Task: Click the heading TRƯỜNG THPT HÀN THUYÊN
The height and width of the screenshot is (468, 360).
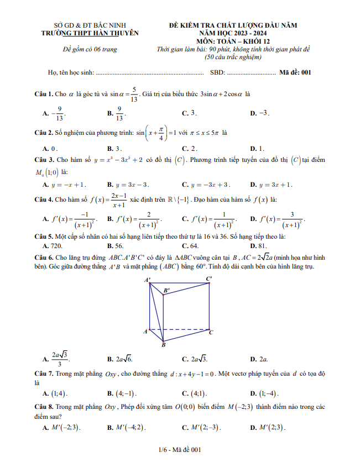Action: tap(90, 33)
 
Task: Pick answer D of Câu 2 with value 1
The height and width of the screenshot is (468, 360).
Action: tap(259, 149)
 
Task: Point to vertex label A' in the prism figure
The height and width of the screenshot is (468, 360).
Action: tap(148, 281)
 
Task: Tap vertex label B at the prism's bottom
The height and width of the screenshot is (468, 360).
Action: tap(163, 345)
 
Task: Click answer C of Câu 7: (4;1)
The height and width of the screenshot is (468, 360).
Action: tap(196, 393)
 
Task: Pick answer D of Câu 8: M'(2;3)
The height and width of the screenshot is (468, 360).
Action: tap(270, 427)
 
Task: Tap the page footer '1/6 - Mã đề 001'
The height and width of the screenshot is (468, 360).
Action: tap(179, 450)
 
